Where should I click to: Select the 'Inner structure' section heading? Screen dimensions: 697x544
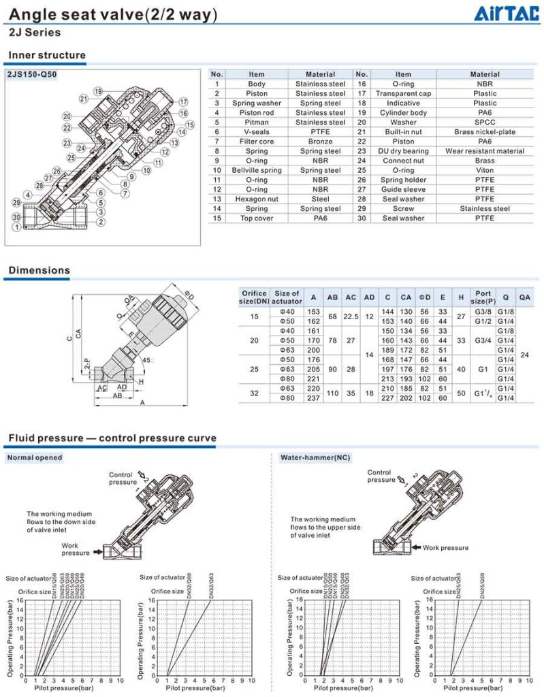click(x=46, y=55)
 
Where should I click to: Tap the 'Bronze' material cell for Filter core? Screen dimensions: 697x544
click(x=320, y=141)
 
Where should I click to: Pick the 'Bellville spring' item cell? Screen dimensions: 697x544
click(x=256, y=170)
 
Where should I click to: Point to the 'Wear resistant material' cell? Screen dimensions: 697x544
click(x=485, y=151)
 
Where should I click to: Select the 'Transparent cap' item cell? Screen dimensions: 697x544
click(x=403, y=93)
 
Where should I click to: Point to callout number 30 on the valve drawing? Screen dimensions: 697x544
click(x=16, y=217)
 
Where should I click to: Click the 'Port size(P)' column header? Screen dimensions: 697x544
click(x=483, y=297)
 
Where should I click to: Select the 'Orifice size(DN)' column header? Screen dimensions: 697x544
click(x=254, y=297)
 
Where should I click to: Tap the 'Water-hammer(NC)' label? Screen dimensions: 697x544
click(x=315, y=457)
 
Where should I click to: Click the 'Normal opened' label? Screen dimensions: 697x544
click(x=34, y=457)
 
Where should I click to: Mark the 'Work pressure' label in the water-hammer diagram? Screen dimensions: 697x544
click(x=445, y=547)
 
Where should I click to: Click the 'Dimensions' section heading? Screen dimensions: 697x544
click(x=39, y=270)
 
